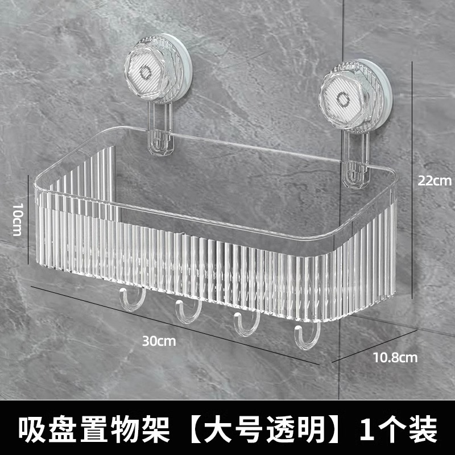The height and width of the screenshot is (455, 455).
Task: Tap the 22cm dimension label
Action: click(433, 181)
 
